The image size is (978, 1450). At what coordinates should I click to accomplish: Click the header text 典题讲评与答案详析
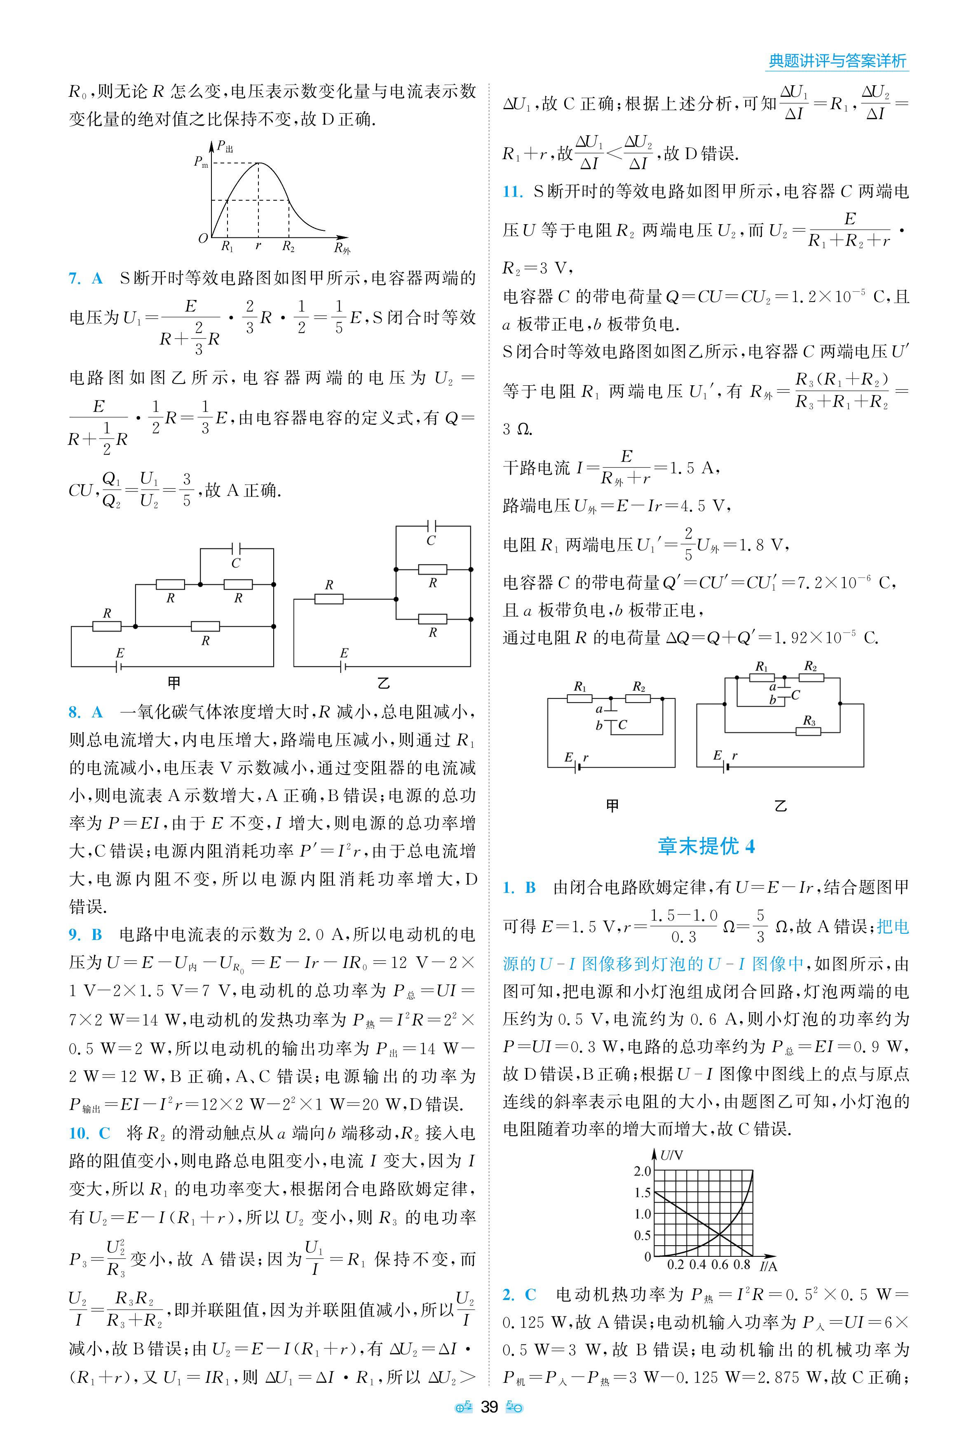coord(837,61)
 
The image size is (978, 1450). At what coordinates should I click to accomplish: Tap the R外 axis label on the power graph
coord(342,249)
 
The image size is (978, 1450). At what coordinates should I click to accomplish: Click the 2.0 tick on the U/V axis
coord(643,1171)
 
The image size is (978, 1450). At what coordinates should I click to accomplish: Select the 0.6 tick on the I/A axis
coord(719,1264)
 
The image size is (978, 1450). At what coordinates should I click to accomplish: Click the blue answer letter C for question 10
coord(104,1133)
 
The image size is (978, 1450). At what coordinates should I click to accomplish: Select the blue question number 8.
coord(74,712)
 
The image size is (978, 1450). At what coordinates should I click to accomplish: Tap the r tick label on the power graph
coord(258,246)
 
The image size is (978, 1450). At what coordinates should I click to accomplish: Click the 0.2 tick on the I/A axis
coord(675,1264)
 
